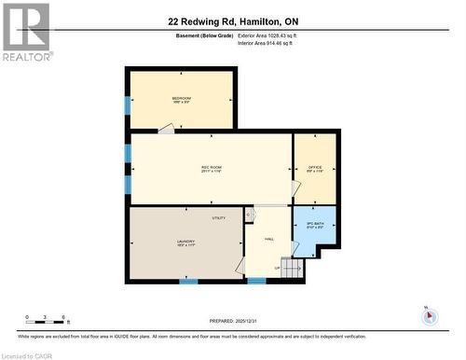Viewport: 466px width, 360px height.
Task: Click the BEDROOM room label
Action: (x=181, y=99)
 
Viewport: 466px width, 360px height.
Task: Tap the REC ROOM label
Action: (x=212, y=168)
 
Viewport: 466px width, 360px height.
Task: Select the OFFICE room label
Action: (x=315, y=168)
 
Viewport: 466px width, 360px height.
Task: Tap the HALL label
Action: (x=268, y=239)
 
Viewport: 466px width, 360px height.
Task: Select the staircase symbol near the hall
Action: (x=293, y=269)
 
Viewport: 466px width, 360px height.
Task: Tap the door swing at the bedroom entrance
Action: (x=165, y=129)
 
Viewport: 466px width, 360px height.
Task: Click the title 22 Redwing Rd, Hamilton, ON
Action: (x=233, y=21)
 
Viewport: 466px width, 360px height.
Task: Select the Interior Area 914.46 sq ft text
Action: (x=267, y=43)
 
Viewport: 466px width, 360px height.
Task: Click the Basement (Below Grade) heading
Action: (x=203, y=35)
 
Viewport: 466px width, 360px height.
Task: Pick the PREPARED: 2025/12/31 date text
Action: (x=233, y=320)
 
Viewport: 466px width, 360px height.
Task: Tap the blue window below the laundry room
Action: (x=188, y=281)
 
